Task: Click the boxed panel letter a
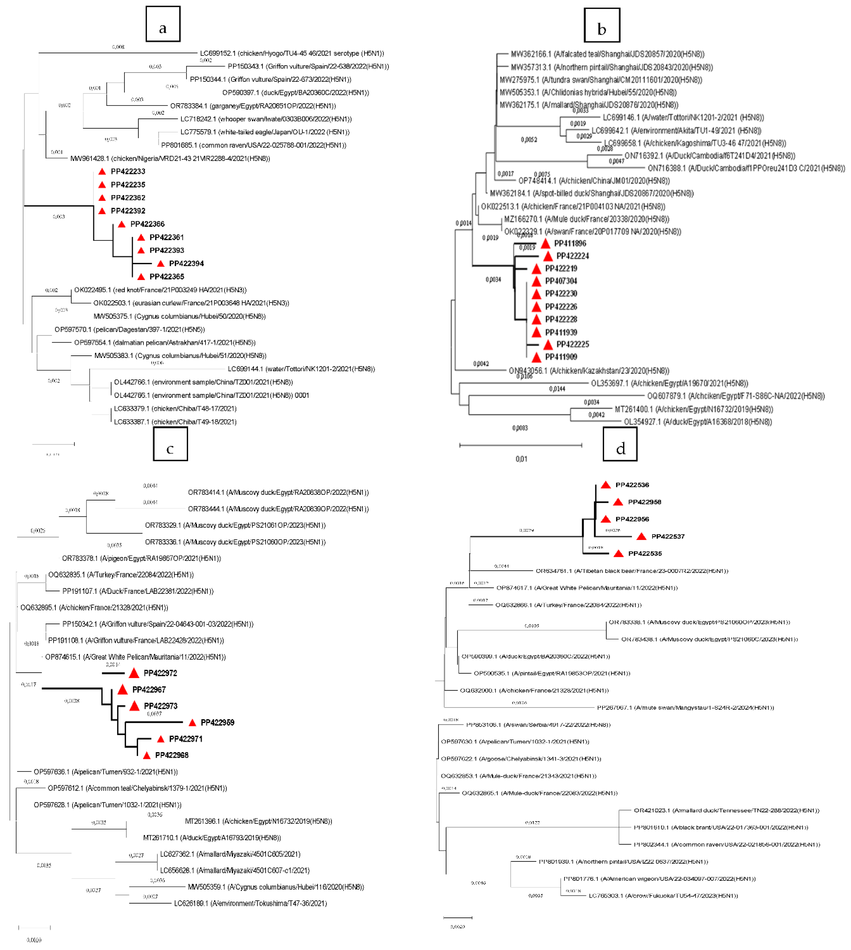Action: click(x=163, y=24)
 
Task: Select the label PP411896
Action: click(x=570, y=243)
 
